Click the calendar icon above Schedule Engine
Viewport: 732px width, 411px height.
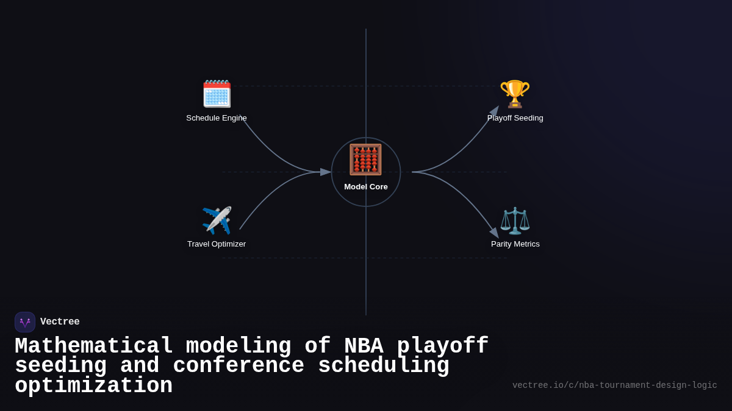217,94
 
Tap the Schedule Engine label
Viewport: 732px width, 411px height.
217,118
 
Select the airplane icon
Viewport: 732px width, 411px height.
217,220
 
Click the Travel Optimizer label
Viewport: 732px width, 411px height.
217,244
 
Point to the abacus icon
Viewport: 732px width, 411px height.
365,160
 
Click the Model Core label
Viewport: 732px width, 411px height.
366,187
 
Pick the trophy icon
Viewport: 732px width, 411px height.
515,94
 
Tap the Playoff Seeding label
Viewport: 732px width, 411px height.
515,118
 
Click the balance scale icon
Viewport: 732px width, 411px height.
515,220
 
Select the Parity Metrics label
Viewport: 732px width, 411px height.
515,244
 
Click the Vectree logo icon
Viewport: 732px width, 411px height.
25,322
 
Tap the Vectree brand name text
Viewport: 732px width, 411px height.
60,322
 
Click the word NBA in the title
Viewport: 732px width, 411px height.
364,346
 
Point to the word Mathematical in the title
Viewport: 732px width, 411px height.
94,346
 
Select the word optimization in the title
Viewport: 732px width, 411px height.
94,386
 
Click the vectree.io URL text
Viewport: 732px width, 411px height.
614,385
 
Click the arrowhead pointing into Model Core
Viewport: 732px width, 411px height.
326,172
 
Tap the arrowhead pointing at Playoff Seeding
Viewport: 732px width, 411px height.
495,111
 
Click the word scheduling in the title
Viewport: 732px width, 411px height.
384,366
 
